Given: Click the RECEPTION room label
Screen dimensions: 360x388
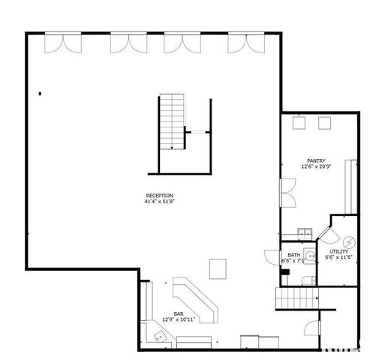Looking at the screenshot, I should [x=159, y=196].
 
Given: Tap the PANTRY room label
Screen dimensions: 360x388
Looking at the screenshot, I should [x=315, y=160].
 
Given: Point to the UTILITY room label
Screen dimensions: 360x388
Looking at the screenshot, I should [x=339, y=252].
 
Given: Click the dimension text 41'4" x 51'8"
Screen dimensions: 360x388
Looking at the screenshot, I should [x=159, y=202].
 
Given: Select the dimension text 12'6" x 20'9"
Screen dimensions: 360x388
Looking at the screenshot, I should [x=315, y=166].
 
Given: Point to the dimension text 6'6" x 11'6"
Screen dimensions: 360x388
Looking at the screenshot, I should [x=339, y=257].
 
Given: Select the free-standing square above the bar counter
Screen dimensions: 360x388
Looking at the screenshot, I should [x=218, y=266].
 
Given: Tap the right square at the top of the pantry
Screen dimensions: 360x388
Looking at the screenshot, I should [x=326, y=123].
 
